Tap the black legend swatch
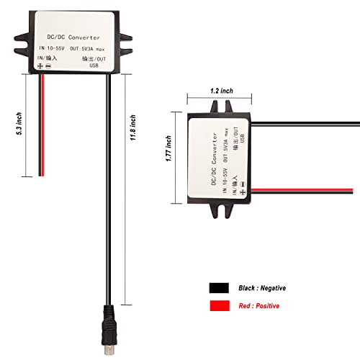click(x=221, y=287)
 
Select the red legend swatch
click(x=221, y=306)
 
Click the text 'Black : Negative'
click(x=263, y=287)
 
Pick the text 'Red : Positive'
click(x=259, y=306)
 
